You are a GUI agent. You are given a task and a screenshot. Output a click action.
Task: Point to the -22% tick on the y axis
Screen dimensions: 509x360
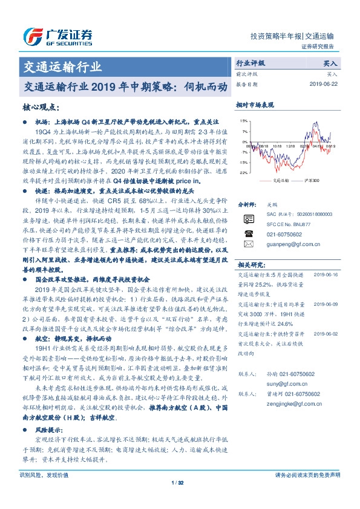coord(241,172)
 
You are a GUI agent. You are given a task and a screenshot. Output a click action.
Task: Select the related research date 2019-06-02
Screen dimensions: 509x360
coord(326,332)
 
